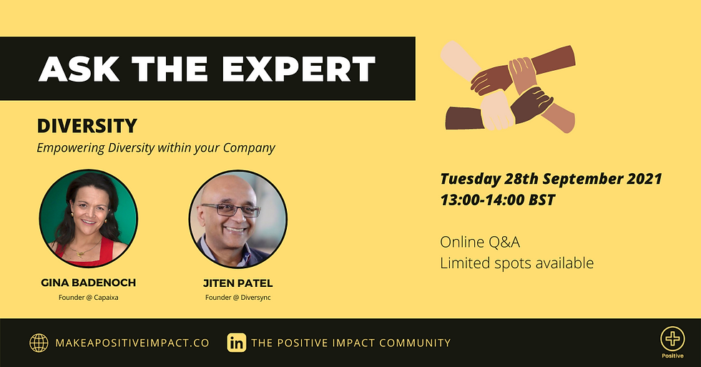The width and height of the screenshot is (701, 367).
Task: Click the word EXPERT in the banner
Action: pyautogui.click(x=298, y=69)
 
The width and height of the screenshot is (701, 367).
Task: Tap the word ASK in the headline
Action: pyautogui.click(x=79, y=69)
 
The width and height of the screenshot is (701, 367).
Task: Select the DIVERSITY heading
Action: pyautogui.click(x=87, y=126)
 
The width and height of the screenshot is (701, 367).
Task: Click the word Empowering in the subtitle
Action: pyautogui.click(x=71, y=148)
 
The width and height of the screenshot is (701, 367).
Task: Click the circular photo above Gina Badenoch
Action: pyautogui.click(x=89, y=219)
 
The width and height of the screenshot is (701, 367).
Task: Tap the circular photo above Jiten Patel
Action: pyautogui.click(x=237, y=219)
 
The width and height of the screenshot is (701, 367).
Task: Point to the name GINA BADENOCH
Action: pyautogui.click(x=89, y=283)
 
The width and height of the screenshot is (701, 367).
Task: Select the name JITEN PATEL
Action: pyautogui.click(x=237, y=283)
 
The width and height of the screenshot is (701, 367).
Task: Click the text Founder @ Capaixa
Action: pyautogui.click(x=89, y=298)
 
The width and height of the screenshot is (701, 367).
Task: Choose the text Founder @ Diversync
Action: pyautogui.click(x=237, y=298)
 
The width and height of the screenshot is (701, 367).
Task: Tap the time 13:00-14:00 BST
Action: pyautogui.click(x=498, y=200)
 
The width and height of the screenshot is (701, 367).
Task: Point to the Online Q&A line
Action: pyautogui.click(x=480, y=243)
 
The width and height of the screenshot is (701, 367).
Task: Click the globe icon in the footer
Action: pyautogui.click(x=39, y=343)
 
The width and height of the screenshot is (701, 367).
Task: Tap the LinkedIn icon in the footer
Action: pyautogui.click(x=237, y=343)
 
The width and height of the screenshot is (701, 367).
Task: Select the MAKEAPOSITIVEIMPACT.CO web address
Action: pyautogui.click(x=132, y=343)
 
